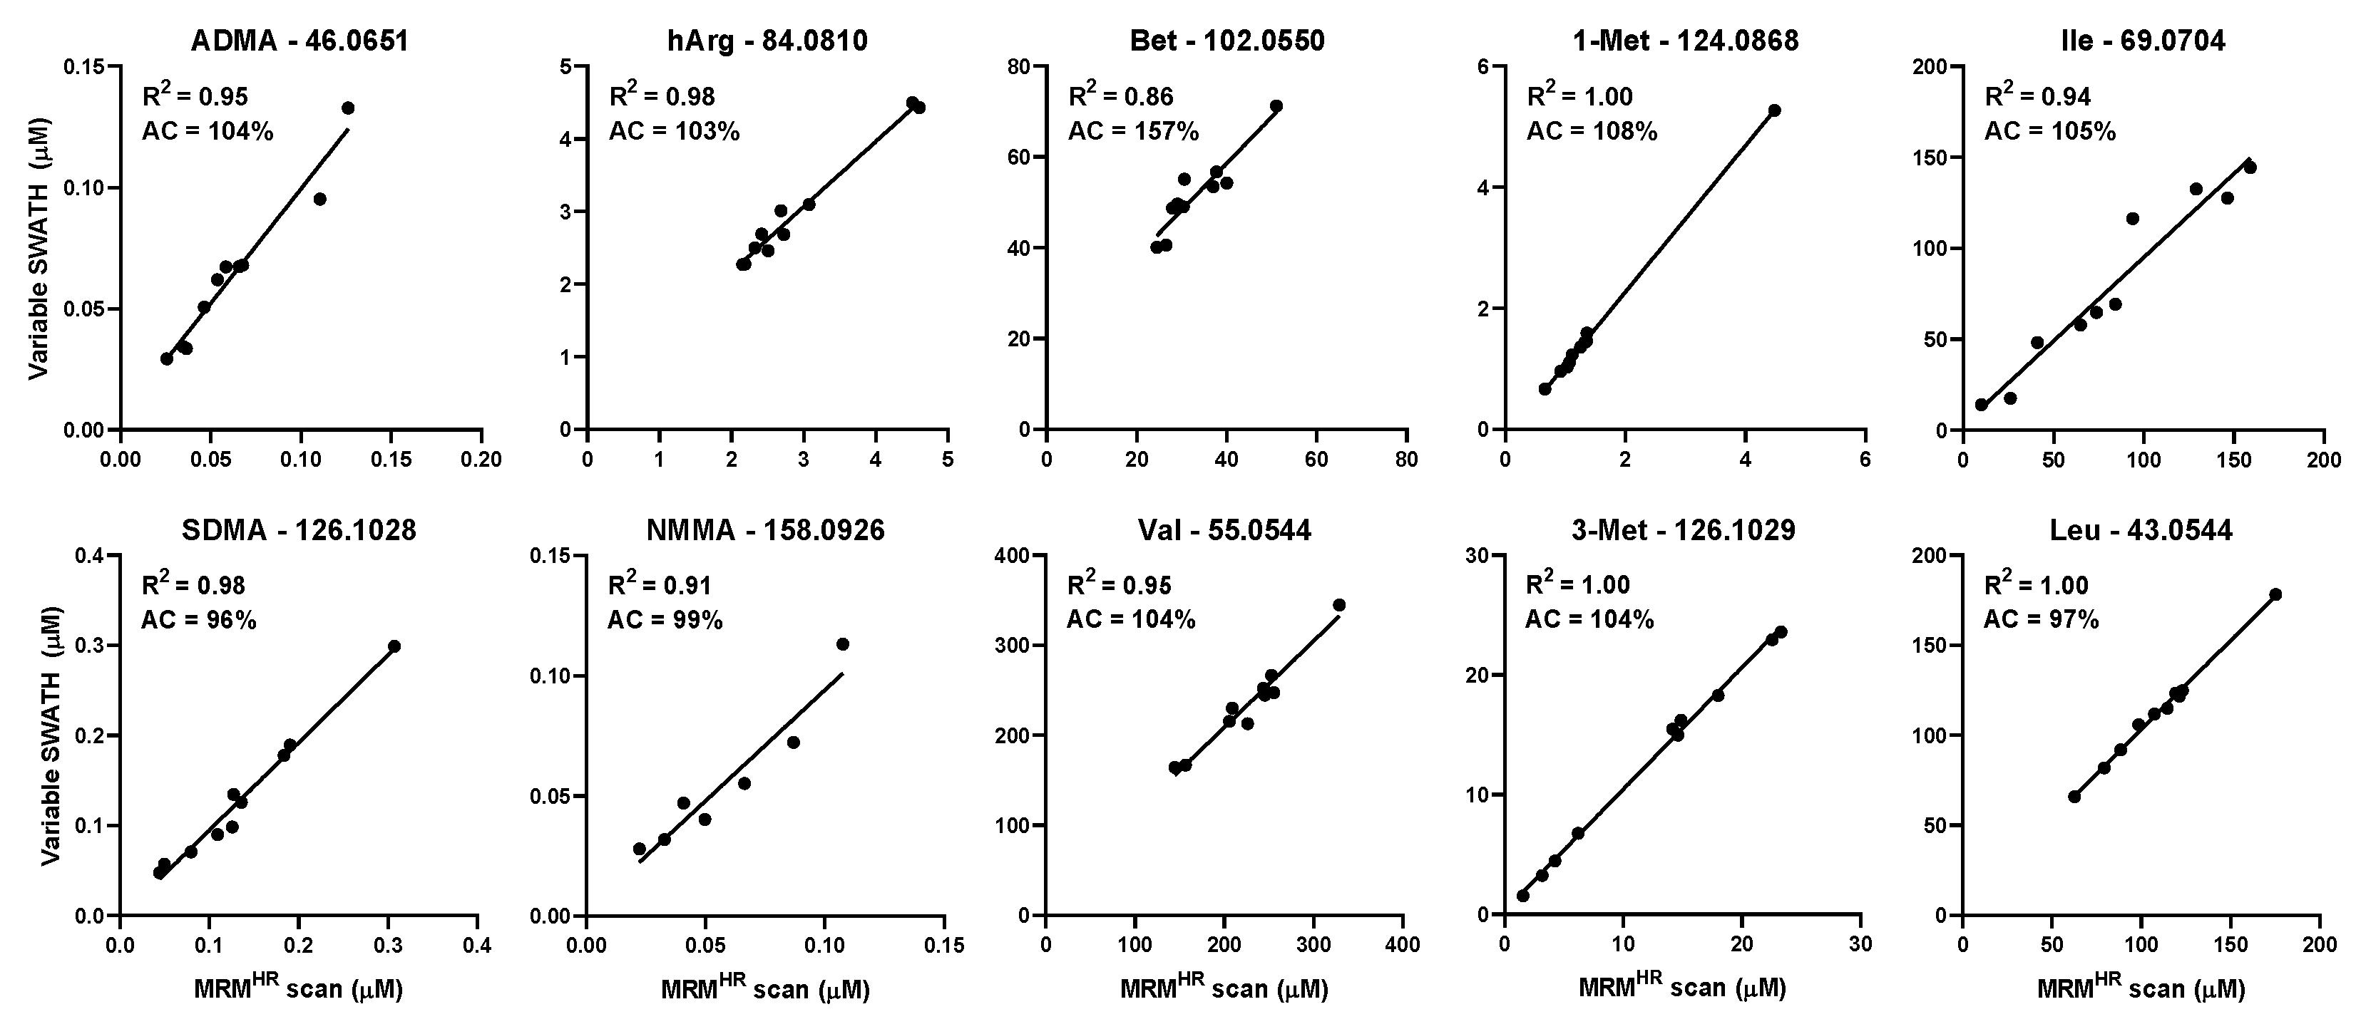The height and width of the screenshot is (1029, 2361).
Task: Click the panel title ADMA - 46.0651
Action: click(299, 41)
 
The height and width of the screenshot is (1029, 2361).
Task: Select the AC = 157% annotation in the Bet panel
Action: click(1134, 132)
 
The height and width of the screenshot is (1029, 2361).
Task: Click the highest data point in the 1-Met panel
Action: click(1774, 110)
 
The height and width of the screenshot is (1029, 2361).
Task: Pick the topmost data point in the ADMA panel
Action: click(348, 108)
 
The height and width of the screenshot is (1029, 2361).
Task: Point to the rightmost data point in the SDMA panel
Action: click(394, 646)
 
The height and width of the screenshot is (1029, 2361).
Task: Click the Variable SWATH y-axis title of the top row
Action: click(38, 248)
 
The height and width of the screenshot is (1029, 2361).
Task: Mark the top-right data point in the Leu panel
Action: click(2275, 595)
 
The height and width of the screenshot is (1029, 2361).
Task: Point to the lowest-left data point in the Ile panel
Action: click(1981, 405)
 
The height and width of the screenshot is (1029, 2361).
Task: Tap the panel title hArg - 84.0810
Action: click(767, 41)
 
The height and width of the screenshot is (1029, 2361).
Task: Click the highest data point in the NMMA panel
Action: click(842, 644)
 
